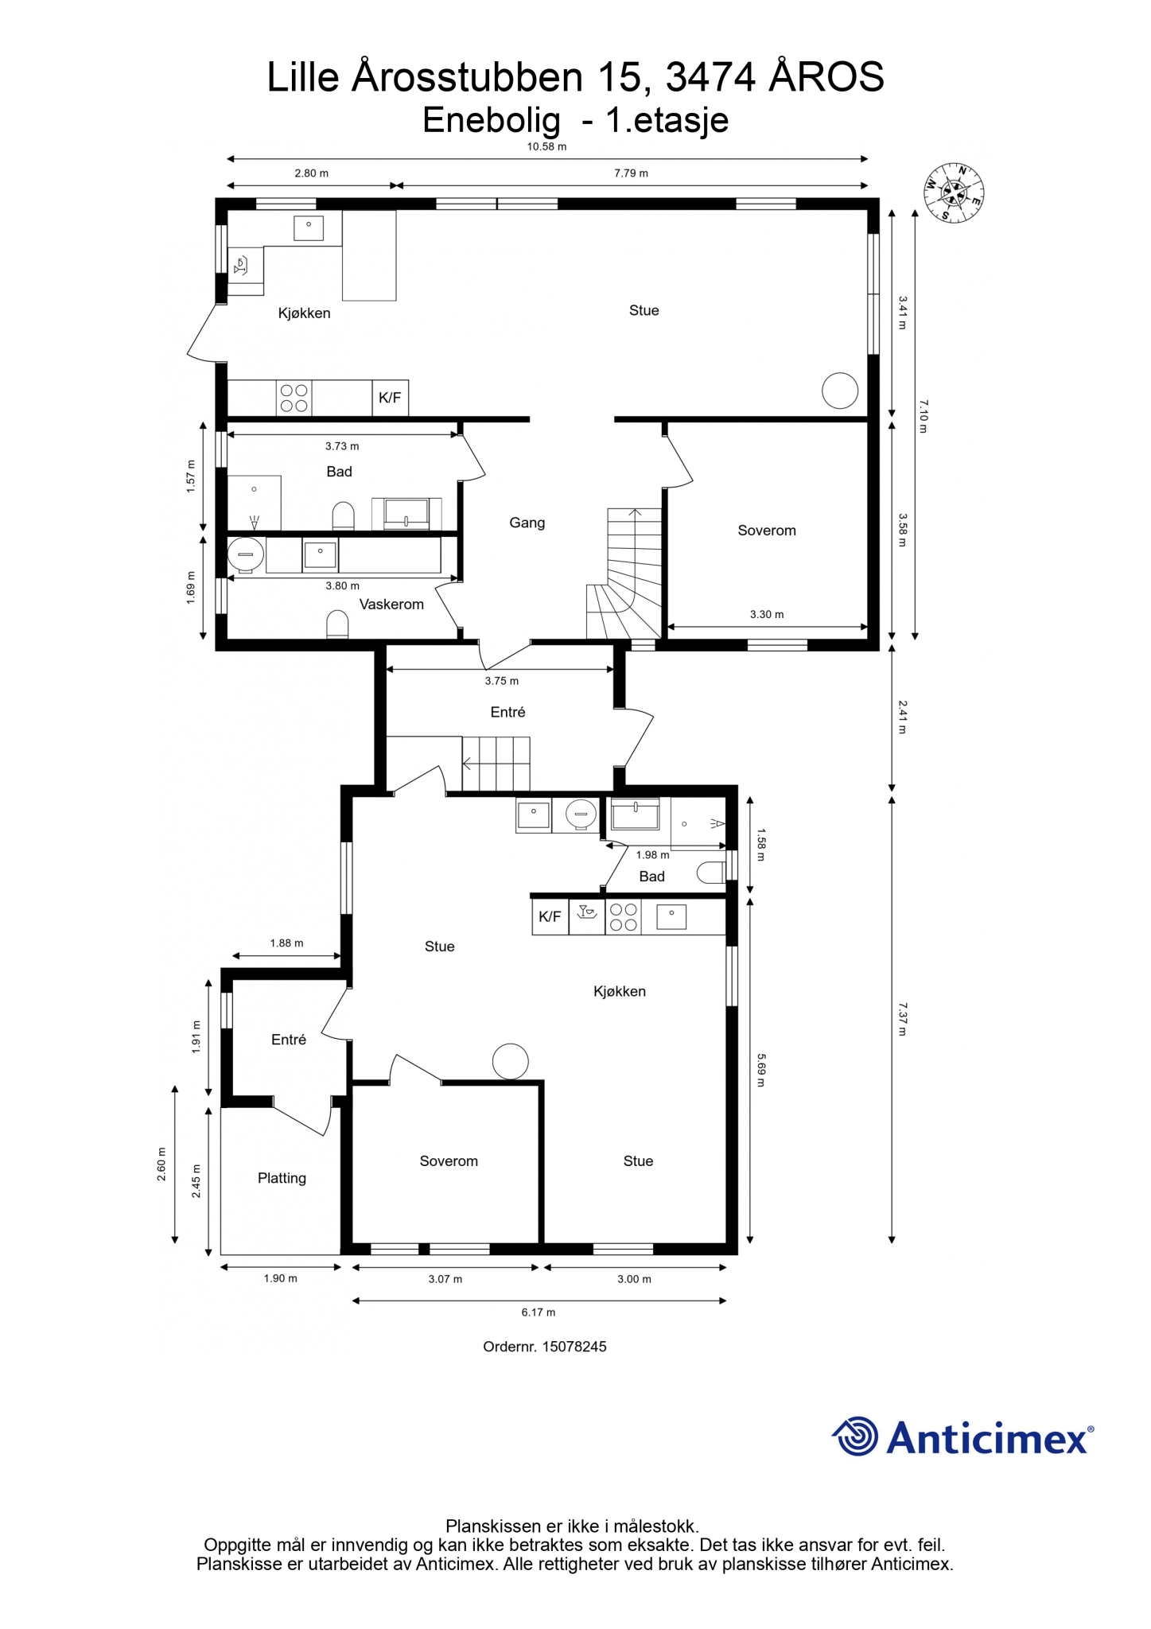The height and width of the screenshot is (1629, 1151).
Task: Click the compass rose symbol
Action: (x=954, y=192)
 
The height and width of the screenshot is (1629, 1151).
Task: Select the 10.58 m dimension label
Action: (x=546, y=146)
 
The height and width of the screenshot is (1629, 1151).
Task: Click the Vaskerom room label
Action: (x=391, y=605)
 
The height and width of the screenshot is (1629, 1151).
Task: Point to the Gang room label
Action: (x=527, y=523)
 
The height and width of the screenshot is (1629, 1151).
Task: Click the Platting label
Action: (x=282, y=1178)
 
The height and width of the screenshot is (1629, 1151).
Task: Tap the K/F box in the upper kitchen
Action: (x=390, y=398)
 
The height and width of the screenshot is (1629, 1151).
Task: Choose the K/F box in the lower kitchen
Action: (x=550, y=916)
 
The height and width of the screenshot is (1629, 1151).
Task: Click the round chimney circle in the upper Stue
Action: (x=840, y=391)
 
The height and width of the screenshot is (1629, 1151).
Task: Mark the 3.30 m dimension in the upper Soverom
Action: (x=767, y=614)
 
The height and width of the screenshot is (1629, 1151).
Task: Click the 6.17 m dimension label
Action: (x=539, y=1312)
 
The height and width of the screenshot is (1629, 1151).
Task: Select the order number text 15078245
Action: (x=574, y=1347)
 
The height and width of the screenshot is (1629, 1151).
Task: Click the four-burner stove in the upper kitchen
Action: (x=294, y=398)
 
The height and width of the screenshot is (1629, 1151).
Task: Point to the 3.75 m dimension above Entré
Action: (x=502, y=681)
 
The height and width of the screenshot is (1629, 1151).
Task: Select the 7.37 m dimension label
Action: (x=902, y=1019)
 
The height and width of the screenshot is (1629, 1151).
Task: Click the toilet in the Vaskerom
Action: (x=338, y=624)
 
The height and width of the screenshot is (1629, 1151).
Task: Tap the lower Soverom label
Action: (x=449, y=1161)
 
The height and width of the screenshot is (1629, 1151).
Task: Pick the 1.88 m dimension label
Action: (x=286, y=943)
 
